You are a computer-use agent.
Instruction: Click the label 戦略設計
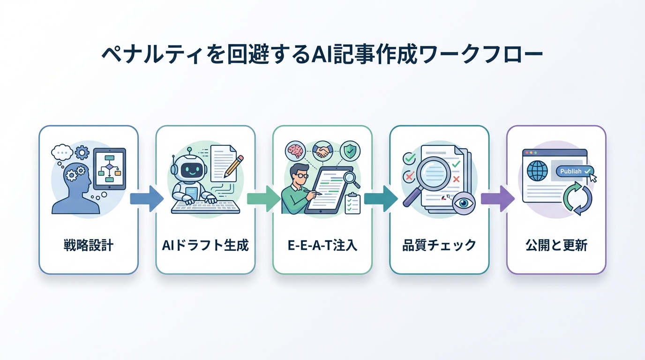coord(88,245)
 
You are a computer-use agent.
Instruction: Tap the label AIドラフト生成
coord(205,245)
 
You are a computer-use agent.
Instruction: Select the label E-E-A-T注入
coord(322,245)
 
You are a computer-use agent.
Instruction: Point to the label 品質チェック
coord(439,245)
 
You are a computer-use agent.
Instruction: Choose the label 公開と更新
coord(556,245)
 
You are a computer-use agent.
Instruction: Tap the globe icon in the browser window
coord(537,172)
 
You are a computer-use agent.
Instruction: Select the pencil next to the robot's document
coord(233,166)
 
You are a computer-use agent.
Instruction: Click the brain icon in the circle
coord(295,151)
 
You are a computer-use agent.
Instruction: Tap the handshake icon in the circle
coord(323,150)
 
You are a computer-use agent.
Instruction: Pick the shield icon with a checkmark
coord(350,151)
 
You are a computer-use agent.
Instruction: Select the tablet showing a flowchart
coord(110,168)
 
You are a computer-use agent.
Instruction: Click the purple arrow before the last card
coord(497,198)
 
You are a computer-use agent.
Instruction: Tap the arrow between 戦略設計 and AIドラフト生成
coord(146,198)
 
